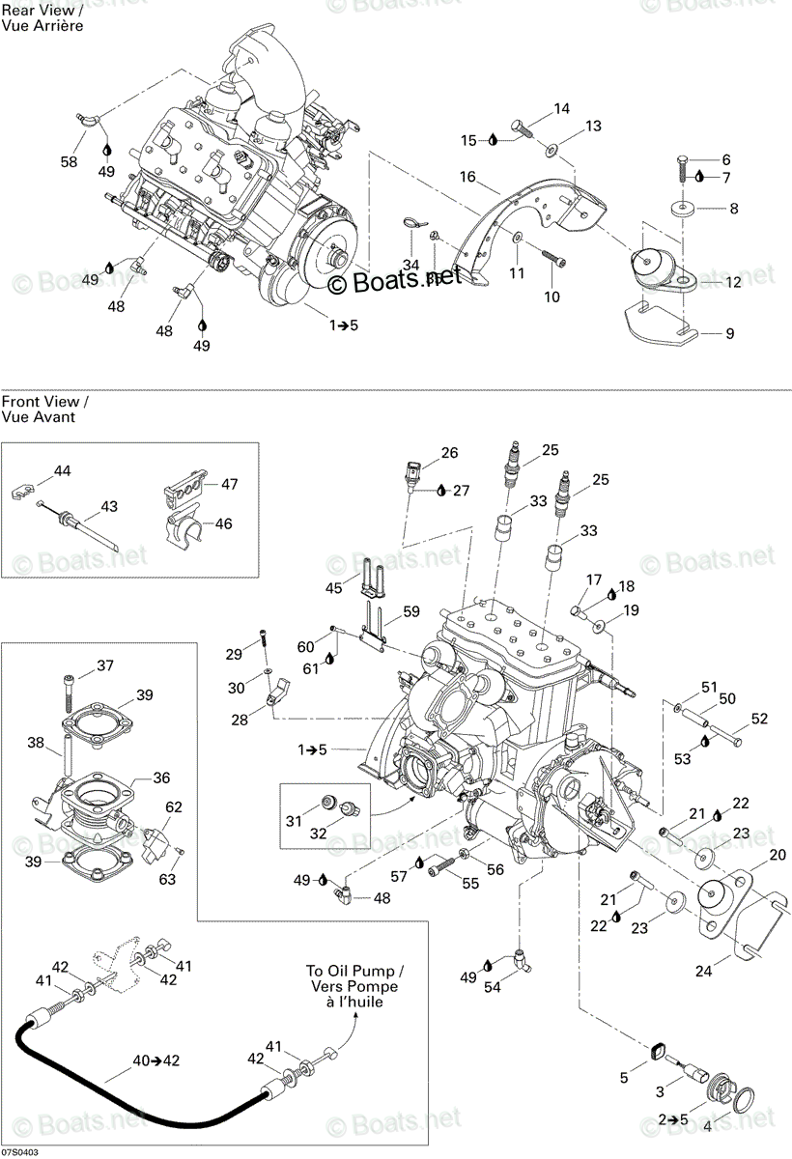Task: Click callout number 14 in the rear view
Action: [x=561, y=108]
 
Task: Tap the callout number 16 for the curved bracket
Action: [x=467, y=177]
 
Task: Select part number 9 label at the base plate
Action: [x=730, y=333]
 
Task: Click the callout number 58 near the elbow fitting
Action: [x=69, y=162]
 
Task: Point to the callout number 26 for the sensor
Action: [x=449, y=453]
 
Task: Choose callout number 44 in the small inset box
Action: [x=62, y=471]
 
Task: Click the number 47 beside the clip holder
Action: [x=229, y=484]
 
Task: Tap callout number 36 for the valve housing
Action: [x=161, y=777]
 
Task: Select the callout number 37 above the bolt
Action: [x=105, y=665]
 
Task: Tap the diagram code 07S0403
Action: [x=19, y=1153]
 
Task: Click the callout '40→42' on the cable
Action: [x=156, y=1060]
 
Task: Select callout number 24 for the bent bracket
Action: [x=703, y=972]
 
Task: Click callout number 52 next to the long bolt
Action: [x=759, y=719]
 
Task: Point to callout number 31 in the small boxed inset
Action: [x=294, y=821]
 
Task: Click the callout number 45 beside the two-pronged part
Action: [x=333, y=588]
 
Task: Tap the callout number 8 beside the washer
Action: [x=733, y=209]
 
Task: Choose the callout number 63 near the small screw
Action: [x=167, y=879]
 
